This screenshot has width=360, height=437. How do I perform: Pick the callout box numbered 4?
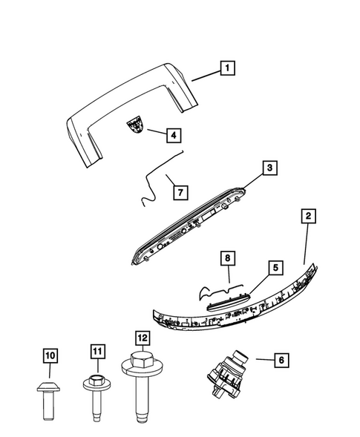pyautogui.click(x=172, y=135)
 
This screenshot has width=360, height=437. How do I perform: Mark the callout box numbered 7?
pyautogui.click(x=180, y=192)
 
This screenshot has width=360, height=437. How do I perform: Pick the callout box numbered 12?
pyautogui.click(x=142, y=338)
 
